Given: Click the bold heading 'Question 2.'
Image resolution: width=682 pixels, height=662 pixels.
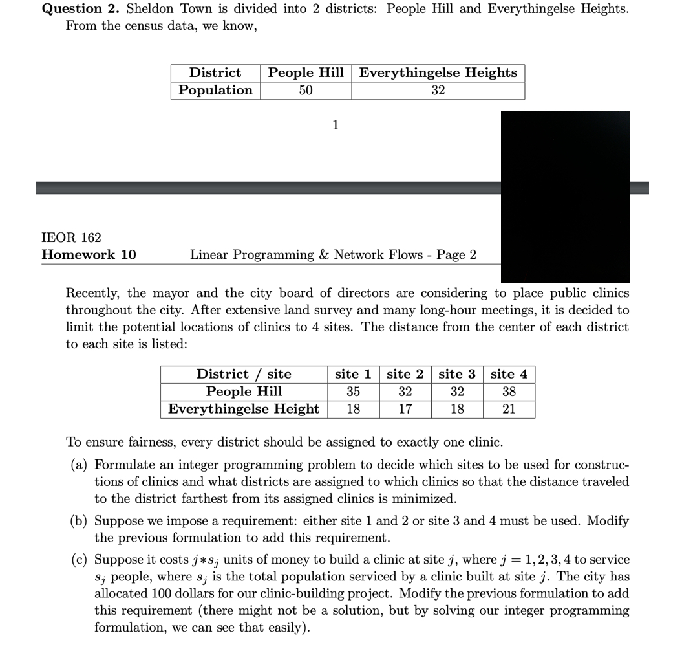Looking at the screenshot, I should pos(81,9).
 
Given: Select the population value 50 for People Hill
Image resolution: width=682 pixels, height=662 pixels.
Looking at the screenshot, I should pos(306,91).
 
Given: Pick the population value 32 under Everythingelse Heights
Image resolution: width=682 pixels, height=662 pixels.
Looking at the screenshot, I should pos(438,91).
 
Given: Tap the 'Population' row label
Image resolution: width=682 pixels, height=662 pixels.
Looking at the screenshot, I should pos(215,91).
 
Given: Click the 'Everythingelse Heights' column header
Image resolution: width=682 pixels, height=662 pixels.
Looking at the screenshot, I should pos(438,73).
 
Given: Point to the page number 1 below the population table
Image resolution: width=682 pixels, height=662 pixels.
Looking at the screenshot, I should pos(335,125).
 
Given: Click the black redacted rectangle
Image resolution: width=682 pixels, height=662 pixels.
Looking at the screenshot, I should pos(565,197).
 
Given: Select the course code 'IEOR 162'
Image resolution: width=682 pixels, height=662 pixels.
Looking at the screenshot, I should pos(71,237).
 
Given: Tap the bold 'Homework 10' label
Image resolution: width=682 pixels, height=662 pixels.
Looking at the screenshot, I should pos(89,255).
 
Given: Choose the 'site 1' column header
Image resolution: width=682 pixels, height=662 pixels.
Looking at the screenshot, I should pos(352,374).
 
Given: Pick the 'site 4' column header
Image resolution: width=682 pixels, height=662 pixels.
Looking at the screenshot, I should pos(509,374).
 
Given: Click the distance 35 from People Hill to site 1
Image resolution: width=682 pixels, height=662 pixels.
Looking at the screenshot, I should pos(352,392).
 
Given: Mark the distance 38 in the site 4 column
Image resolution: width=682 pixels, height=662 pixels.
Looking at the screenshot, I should pos(509,392).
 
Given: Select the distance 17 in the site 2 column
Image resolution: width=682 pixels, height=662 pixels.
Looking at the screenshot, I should pos(405,409).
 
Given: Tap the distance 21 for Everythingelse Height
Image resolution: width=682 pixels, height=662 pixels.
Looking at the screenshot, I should pos(509,409).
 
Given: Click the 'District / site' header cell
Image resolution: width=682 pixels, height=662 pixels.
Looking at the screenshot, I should pos(244,374).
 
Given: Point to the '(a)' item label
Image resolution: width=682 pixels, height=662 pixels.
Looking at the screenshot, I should pos(80,465).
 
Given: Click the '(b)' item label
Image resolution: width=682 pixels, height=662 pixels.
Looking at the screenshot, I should pos(80,521).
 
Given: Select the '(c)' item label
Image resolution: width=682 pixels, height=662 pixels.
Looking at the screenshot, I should pos(80,560).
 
